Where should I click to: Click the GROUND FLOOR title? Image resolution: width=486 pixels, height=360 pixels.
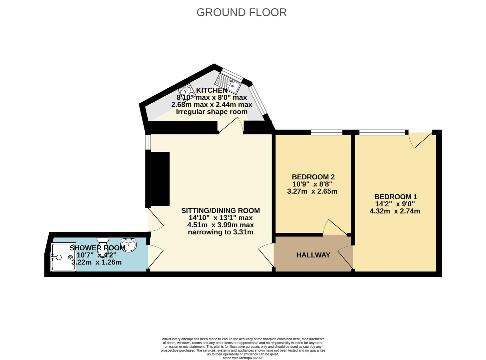click(x=241, y=12)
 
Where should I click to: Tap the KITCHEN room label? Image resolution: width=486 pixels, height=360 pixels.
click(x=212, y=90)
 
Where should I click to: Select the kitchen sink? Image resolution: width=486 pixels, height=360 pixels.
click(x=228, y=83)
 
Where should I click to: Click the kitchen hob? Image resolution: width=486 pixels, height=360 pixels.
click(x=187, y=92)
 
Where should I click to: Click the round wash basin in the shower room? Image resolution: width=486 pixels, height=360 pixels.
click(x=129, y=245)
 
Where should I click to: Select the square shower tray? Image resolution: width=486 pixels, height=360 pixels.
click(x=64, y=257)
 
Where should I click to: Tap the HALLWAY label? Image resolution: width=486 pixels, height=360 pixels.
click(x=313, y=255)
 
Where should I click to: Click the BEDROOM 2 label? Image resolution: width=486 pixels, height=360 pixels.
click(x=313, y=177)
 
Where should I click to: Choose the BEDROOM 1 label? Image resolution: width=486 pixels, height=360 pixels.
click(x=396, y=197)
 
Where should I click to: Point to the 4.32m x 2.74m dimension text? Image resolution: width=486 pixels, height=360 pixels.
click(x=395, y=211)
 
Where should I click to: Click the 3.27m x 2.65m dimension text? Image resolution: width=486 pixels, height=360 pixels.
click(x=312, y=191)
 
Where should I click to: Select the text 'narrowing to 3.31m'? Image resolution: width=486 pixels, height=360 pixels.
click(x=220, y=232)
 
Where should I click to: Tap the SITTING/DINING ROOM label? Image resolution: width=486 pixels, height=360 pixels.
click(x=220, y=210)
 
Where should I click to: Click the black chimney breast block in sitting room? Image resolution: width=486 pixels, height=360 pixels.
click(x=160, y=179)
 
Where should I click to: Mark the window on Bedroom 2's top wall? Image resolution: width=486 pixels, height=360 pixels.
click(x=327, y=132)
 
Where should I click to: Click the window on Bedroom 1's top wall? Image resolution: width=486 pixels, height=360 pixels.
click(x=382, y=132)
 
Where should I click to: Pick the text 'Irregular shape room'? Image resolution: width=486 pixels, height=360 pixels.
click(x=212, y=112)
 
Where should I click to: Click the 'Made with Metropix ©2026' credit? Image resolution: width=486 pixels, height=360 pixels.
click(x=243, y=358)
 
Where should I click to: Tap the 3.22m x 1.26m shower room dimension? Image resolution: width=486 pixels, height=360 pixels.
click(x=96, y=262)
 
